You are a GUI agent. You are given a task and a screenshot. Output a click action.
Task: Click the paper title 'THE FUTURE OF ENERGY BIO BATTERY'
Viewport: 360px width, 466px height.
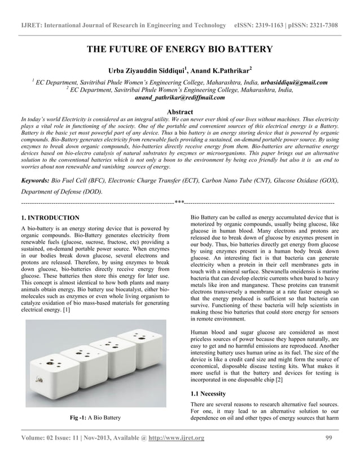[179, 50]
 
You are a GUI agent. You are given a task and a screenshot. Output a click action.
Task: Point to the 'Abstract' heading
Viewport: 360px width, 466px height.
[179, 112]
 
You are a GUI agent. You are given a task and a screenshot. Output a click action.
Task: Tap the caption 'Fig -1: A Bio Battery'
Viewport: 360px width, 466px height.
[95, 418]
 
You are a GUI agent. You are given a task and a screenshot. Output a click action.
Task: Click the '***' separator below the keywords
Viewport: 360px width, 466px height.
[179, 201]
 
